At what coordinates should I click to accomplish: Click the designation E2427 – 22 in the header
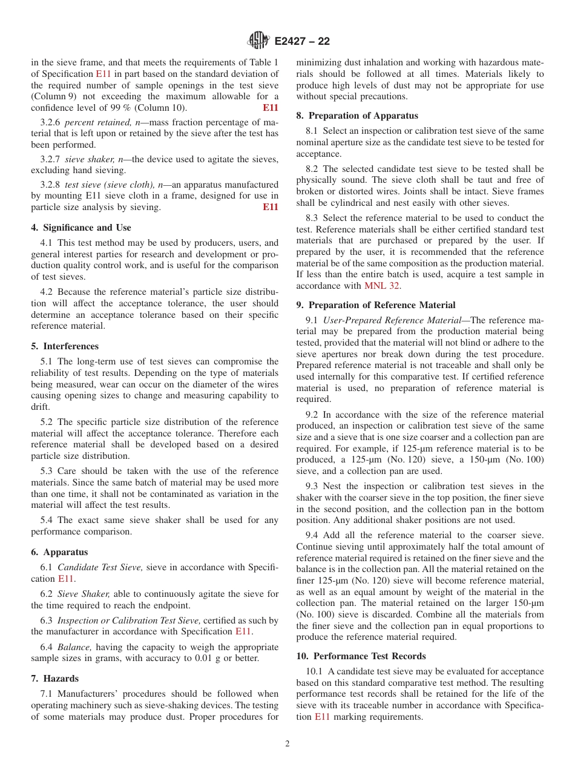(x=302, y=42)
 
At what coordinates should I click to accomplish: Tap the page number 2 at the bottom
(x=287, y=744)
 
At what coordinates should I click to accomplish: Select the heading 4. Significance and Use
(x=81, y=228)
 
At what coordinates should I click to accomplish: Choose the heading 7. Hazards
(x=55, y=679)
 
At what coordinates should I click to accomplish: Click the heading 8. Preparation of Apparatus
(x=357, y=116)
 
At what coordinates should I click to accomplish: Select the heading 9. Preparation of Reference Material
(x=376, y=305)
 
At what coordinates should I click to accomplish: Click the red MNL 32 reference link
(x=382, y=286)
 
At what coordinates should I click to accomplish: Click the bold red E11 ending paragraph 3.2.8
(x=271, y=207)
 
